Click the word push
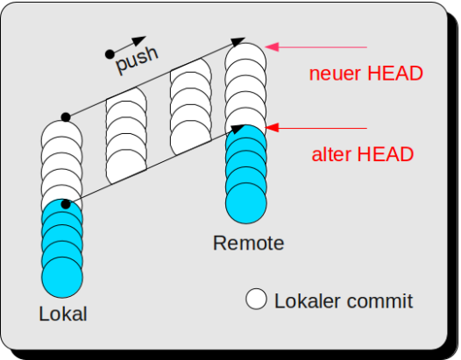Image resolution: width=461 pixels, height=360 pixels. tap(138, 60)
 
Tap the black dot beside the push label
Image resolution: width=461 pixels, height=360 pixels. tap(110, 54)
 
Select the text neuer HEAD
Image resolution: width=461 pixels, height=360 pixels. tap(366, 74)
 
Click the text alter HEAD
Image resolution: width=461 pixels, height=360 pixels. tap(363, 154)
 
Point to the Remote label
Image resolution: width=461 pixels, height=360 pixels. tap(248, 243)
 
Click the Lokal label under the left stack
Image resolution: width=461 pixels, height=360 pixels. tap(63, 314)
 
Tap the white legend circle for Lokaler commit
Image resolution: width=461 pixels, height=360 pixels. tap(256, 299)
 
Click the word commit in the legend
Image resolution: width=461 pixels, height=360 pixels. tap(379, 301)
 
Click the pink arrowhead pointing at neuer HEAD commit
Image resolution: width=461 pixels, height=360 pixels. tap(272, 46)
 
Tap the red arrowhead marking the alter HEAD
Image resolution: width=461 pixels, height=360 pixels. tap(272, 128)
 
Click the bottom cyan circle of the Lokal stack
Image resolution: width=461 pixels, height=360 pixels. tap(62, 278)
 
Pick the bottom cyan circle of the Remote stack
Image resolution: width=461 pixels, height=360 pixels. tap(246, 203)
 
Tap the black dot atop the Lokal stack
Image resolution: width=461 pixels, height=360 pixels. tap(66, 117)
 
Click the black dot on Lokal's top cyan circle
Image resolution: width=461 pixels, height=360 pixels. tap(66, 204)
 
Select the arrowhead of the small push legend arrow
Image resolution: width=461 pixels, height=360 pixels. tap(138, 40)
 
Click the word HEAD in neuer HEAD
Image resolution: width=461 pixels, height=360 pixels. tap(395, 74)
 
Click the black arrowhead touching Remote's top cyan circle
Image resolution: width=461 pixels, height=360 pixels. tap(238, 129)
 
